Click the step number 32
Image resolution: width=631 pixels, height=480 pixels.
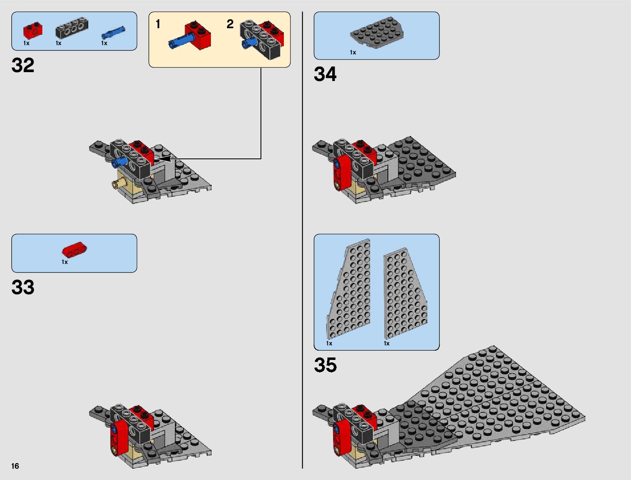coord(23,65)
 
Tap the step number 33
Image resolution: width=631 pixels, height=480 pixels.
coord(23,287)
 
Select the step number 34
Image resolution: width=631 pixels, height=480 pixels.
coord(325,75)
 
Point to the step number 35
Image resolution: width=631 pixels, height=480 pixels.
coord(325,365)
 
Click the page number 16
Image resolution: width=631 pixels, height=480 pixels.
coord(15,466)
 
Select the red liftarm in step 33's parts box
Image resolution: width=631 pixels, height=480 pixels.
coord(75,250)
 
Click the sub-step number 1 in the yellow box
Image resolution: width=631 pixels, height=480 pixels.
coord(158,25)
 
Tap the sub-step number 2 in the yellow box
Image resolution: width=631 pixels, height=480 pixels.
coord(230,24)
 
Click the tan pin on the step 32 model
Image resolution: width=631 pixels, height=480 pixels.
coord(116,185)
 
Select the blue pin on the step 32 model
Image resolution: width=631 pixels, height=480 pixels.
coord(119,162)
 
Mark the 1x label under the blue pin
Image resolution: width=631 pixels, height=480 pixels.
coord(104,43)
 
